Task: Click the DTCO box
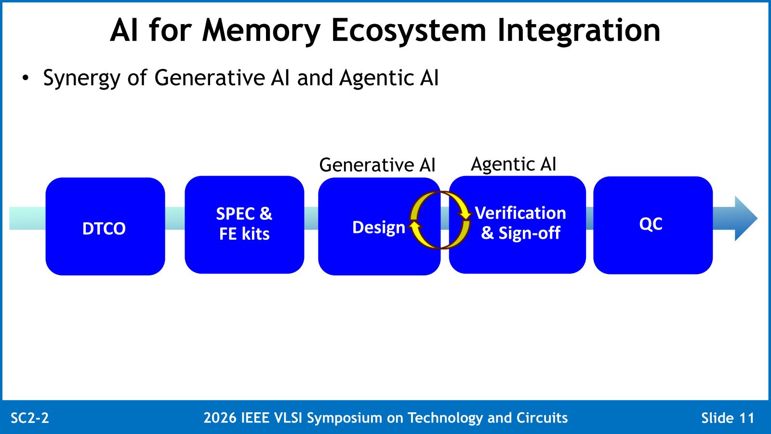pyautogui.click(x=106, y=226)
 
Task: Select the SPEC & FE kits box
pyautogui.click(x=244, y=225)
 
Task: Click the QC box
pyautogui.click(x=653, y=225)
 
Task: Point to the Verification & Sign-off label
pyautogui.click(x=520, y=222)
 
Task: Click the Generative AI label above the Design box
pyautogui.click(x=377, y=164)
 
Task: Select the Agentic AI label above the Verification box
pyautogui.click(x=513, y=164)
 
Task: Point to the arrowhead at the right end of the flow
pyautogui.click(x=746, y=218)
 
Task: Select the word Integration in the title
pyautogui.click(x=579, y=31)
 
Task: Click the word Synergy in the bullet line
pyautogui.click(x=81, y=79)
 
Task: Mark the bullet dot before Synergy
pyautogui.click(x=25, y=78)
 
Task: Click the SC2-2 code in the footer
pyautogui.click(x=30, y=418)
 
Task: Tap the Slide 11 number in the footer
pyautogui.click(x=728, y=418)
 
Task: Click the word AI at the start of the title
pyautogui.click(x=124, y=31)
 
